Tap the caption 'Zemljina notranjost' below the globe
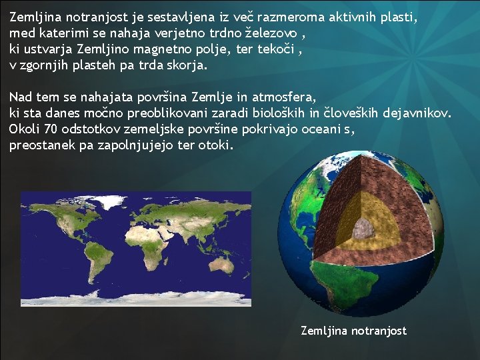pos(353,331)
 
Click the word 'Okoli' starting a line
pos(25,129)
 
